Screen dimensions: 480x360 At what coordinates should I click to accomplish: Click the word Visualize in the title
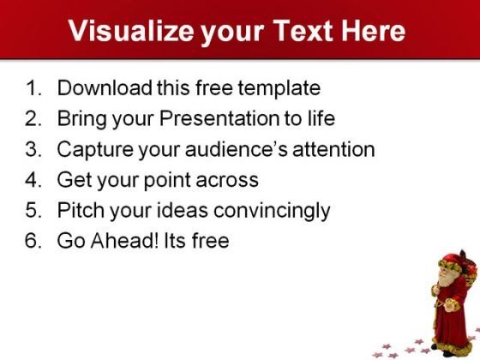[131, 31]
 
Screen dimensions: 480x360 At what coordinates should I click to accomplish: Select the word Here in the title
[373, 30]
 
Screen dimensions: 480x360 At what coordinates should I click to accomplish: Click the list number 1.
[33, 88]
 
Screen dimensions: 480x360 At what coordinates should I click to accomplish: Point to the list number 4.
[33, 180]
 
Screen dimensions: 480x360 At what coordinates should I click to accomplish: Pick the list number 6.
[33, 241]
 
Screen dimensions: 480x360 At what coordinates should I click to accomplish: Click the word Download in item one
[105, 88]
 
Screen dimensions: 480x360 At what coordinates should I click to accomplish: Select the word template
[279, 89]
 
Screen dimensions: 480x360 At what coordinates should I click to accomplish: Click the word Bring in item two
[81, 120]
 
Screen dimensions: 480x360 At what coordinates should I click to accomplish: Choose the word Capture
[95, 150]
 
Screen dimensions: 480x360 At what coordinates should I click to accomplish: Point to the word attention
[333, 149]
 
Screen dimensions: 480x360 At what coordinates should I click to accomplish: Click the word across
[227, 181]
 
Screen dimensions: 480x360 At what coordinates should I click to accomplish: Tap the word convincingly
[272, 212]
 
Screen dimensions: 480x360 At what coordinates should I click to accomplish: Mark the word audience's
[237, 149]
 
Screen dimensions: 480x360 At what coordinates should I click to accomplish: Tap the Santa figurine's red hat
[453, 259]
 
